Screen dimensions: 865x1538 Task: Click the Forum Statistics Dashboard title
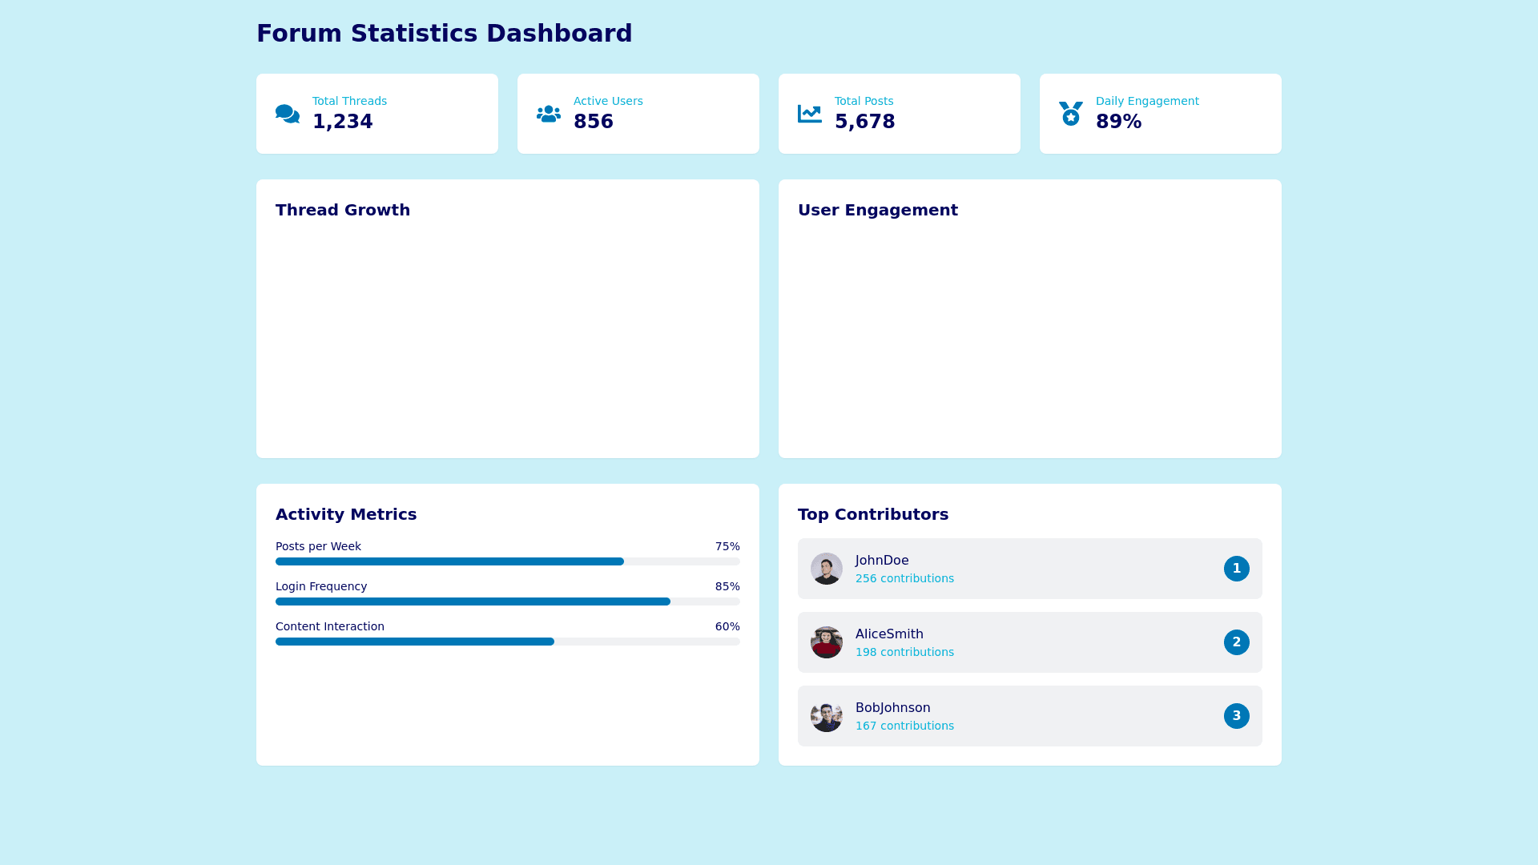pos(444,34)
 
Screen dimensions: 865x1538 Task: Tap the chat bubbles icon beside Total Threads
pos(288,114)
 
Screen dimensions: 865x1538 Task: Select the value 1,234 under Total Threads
pos(342,122)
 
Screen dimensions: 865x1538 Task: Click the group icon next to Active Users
pos(549,114)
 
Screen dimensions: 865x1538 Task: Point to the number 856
pos(593,122)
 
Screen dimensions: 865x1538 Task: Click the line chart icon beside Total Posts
pos(810,114)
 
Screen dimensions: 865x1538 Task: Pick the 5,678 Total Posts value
pos(864,122)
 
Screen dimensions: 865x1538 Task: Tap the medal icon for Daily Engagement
pos(1071,114)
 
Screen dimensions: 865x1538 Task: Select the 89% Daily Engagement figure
pos(1118,122)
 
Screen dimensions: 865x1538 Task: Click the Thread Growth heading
pos(343,210)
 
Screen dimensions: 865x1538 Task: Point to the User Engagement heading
pos(877,210)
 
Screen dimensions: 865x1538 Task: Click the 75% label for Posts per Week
pos(727,546)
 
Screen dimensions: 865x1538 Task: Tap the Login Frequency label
pos(321,586)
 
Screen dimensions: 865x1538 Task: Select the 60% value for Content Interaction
pos(727,626)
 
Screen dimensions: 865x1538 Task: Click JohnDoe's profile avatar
pos(827,569)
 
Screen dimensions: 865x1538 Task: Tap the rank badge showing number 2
pos(1236,642)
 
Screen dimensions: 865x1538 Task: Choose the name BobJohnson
pos(892,708)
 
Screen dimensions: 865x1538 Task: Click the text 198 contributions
pos(904,652)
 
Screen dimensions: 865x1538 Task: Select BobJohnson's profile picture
pos(827,716)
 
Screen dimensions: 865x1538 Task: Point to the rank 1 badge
pos(1236,569)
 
